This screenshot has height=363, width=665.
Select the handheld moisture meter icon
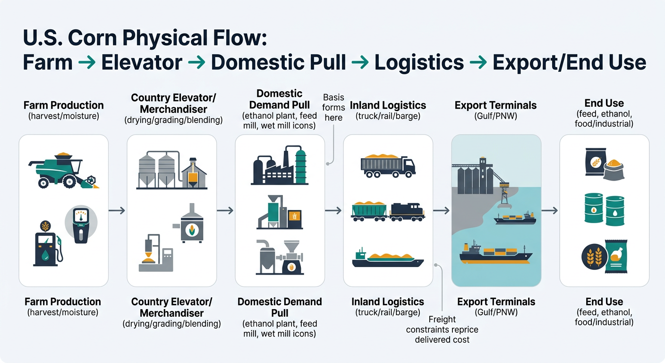pyautogui.click(x=80, y=225)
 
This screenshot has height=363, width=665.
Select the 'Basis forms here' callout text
pyautogui.click(x=333, y=107)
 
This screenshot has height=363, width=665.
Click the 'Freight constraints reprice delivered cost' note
pyautogui.click(x=442, y=329)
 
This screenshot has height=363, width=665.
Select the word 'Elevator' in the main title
pyautogui.click(x=142, y=62)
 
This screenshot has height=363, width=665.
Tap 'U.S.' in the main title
pyautogui.click(x=43, y=38)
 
